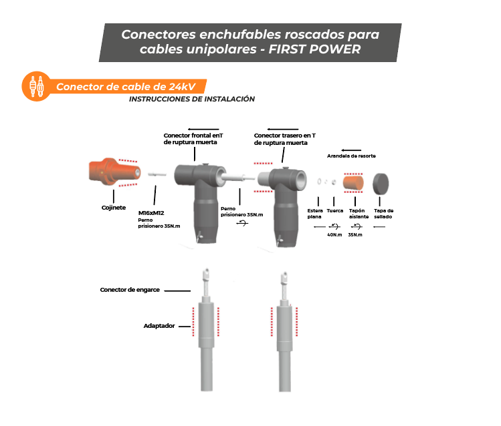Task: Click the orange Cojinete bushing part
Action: (114, 172)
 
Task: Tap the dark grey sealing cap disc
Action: (381, 184)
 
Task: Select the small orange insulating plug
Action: (353, 182)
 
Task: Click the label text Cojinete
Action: (114, 208)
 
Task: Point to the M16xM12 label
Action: (151, 213)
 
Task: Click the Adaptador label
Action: (159, 326)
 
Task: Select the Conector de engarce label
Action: (130, 290)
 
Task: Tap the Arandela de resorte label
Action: (351, 156)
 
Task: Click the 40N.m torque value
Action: (334, 234)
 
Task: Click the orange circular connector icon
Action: (36, 86)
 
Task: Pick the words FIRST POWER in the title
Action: (315, 49)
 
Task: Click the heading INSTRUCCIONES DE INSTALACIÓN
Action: (192, 99)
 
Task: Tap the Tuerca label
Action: (335, 211)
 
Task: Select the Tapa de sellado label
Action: (383, 214)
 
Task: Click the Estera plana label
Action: (315, 214)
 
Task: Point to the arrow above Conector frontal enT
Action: (203, 129)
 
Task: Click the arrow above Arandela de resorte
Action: (351, 150)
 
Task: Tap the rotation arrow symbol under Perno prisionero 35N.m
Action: (242, 223)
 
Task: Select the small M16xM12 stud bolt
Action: (157, 174)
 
